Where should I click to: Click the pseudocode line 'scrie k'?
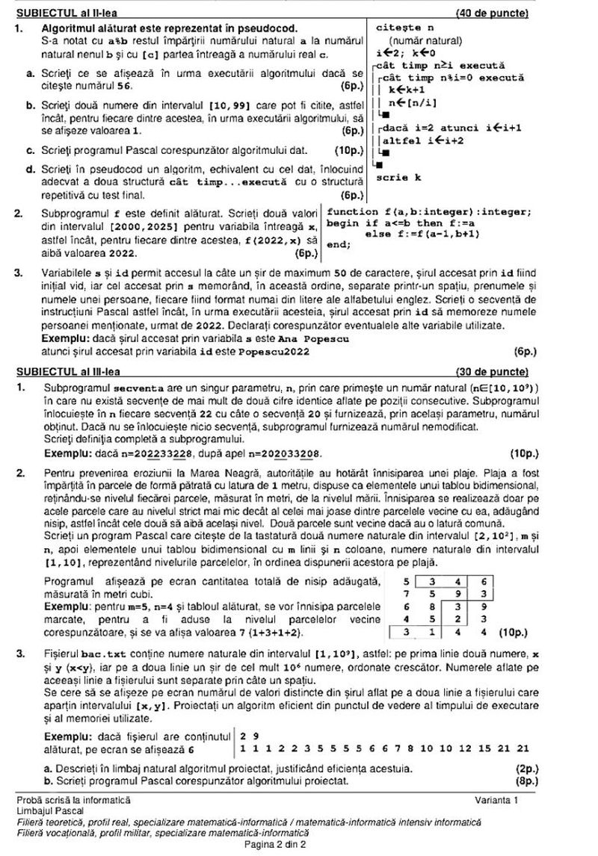click(398, 178)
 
